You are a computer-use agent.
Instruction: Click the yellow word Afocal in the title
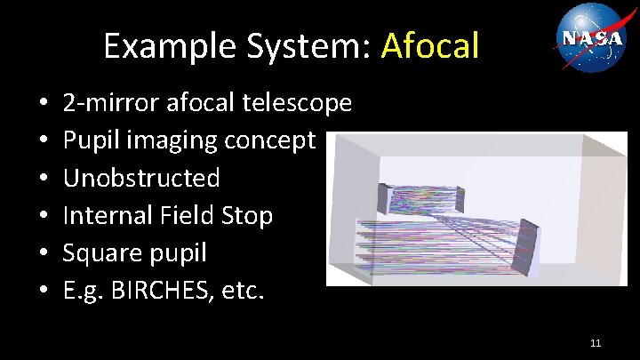click(x=430, y=44)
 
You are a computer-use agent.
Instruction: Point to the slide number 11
click(x=596, y=342)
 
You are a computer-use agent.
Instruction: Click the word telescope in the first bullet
click(x=297, y=103)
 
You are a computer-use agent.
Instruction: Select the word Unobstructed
click(x=141, y=178)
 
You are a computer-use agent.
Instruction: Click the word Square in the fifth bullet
click(x=102, y=253)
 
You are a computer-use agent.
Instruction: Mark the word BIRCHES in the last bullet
click(x=174, y=291)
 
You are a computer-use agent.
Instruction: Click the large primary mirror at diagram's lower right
click(x=527, y=246)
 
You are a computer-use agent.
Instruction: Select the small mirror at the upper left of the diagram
click(x=384, y=197)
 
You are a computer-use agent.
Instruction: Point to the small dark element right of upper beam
click(x=460, y=196)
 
